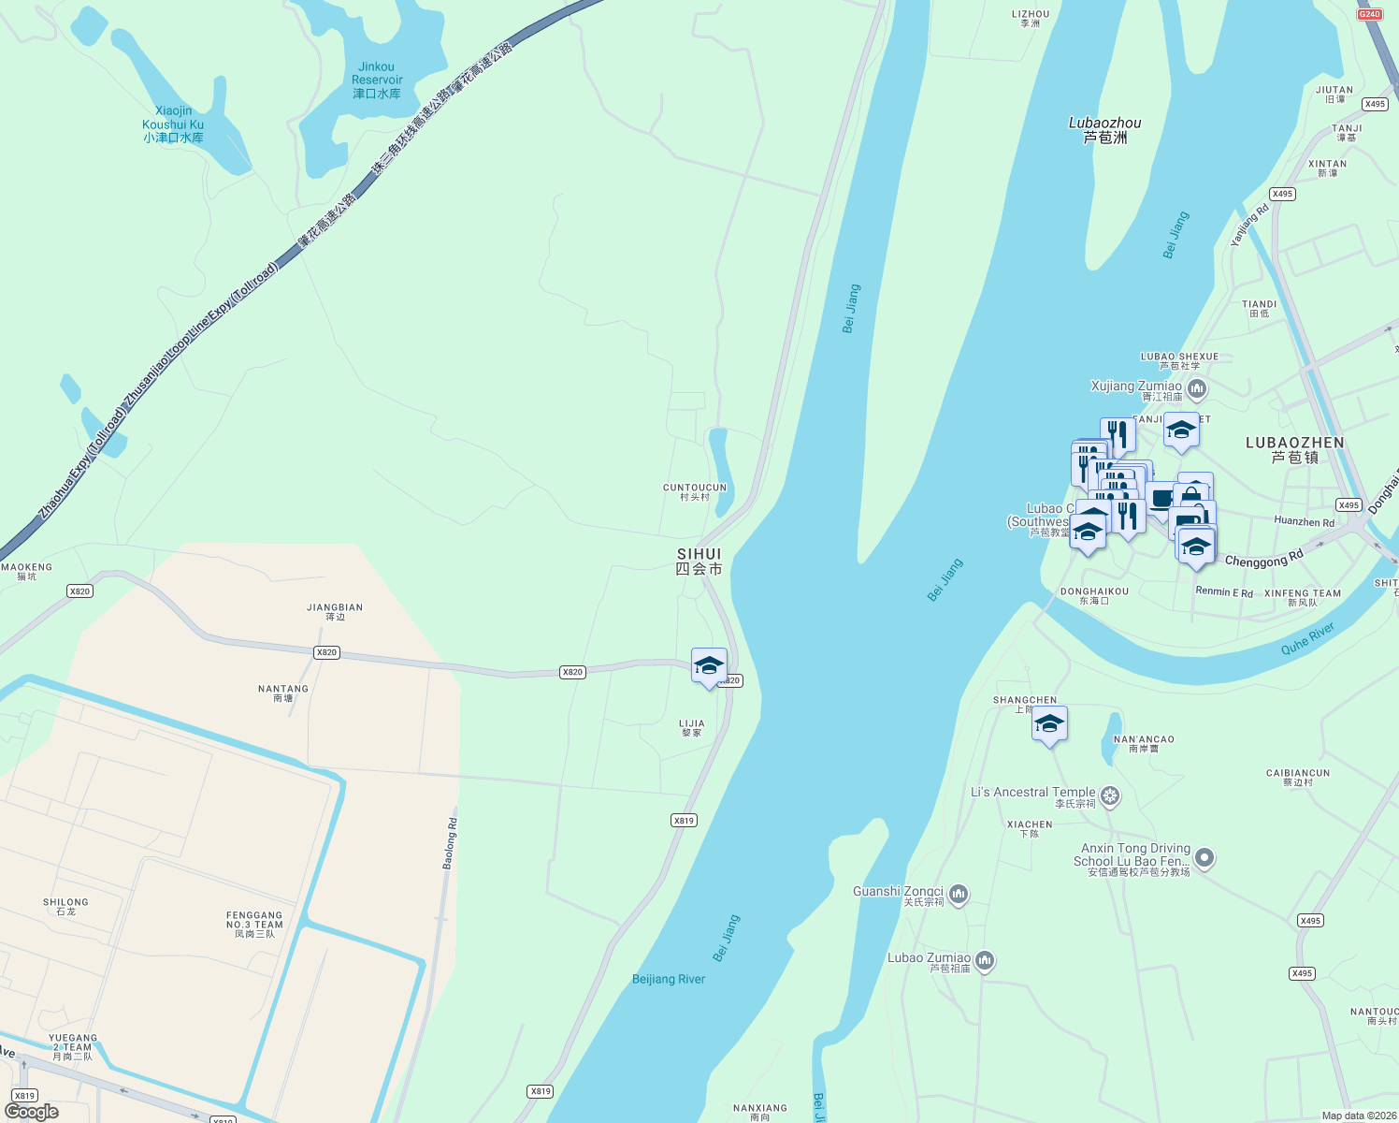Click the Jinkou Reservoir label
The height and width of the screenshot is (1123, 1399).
pyautogui.click(x=377, y=80)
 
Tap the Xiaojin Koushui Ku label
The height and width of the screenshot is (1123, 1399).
pyautogui.click(x=173, y=124)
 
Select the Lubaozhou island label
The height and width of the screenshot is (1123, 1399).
pyautogui.click(x=1105, y=129)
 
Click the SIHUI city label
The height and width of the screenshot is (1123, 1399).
pyautogui.click(x=699, y=561)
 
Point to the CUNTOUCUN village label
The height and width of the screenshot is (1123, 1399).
pyautogui.click(x=695, y=491)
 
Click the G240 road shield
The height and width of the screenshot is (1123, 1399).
pyautogui.click(x=1369, y=14)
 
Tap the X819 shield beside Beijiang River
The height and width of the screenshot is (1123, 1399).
pyautogui.click(x=684, y=821)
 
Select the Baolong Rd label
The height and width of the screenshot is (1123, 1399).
pyautogui.click(x=451, y=843)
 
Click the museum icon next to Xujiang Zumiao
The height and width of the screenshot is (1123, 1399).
pyautogui.click(x=1197, y=388)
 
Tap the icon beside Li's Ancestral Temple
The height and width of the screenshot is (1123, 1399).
pyautogui.click(x=1110, y=796)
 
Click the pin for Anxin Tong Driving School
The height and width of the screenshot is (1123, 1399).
pyautogui.click(x=1204, y=857)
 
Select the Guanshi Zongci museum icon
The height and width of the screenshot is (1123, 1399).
pyautogui.click(x=959, y=895)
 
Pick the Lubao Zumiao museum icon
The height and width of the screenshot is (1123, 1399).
pyautogui.click(x=984, y=960)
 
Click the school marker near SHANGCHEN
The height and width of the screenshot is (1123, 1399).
pyautogui.click(x=1049, y=724)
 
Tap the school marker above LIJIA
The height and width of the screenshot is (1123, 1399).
pyautogui.click(x=709, y=666)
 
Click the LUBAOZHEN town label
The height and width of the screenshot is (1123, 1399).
pyautogui.click(x=1295, y=449)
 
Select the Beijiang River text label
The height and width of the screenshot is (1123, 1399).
pyautogui.click(x=669, y=979)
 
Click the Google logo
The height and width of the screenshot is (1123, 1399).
pyautogui.click(x=32, y=1112)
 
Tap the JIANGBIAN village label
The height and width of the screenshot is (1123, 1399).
pyautogui.click(x=335, y=611)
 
